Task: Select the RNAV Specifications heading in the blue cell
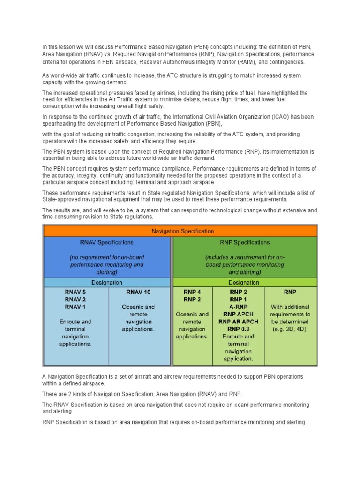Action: tap(107, 242)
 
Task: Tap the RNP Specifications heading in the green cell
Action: tap(245, 242)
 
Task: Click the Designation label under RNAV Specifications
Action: tap(107, 283)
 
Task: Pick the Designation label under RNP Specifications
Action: tap(244, 283)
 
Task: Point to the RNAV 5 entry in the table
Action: tap(75, 292)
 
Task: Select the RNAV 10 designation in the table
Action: tap(138, 292)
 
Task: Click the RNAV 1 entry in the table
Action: tap(75, 307)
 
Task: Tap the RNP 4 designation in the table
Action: tap(193, 292)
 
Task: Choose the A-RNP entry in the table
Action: tap(239, 307)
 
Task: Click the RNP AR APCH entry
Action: tap(239, 322)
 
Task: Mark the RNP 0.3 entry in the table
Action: tap(239, 329)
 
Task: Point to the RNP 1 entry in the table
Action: tap(239, 300)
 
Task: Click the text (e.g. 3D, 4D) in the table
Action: tap(290, 329)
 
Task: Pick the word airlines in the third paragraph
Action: tap(184, 93)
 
